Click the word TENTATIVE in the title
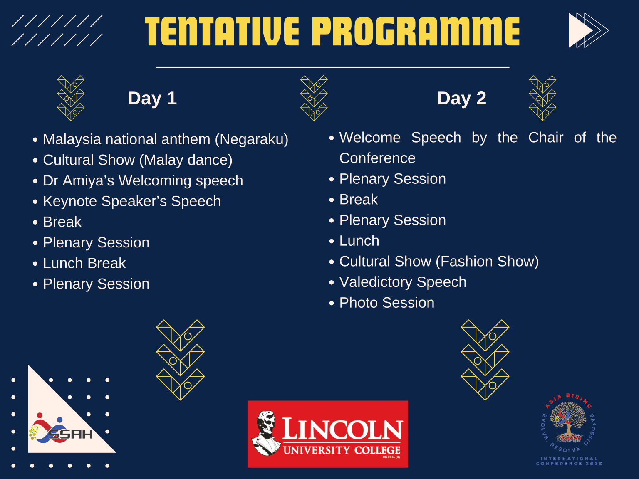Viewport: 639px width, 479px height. click(222, 32)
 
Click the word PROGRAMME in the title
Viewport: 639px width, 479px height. click(416, 32)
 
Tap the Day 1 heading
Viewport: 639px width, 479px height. click(152, 99)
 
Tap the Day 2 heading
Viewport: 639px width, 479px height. click(462, 99)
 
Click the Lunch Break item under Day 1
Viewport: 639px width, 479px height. click(84, 263)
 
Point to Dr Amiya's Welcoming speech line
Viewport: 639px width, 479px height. click(143, 181)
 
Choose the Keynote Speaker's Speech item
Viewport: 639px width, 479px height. click(132, 201)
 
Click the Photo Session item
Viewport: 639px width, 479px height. click(386, 303)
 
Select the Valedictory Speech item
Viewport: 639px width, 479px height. click(403, 282)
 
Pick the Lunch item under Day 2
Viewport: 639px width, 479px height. click(359, 241)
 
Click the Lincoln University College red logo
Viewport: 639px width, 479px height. click(328, 434)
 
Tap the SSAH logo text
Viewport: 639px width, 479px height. click(71, 434)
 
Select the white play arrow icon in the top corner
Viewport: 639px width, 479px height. click(580, 30)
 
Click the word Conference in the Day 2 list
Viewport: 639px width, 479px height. click(377, 158)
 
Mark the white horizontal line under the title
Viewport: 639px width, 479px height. click(332, 67)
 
